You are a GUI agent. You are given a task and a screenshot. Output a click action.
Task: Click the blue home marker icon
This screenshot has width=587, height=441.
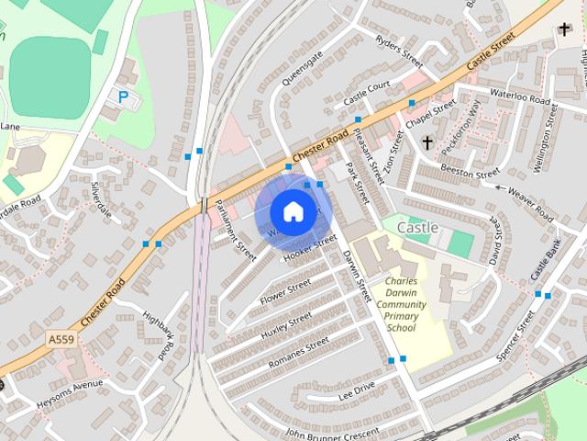[x=292, y=211]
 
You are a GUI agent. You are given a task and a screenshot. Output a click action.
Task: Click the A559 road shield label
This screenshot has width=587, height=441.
[x=61, y=340]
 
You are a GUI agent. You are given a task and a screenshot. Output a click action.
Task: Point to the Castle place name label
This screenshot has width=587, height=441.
[x=418, y=226]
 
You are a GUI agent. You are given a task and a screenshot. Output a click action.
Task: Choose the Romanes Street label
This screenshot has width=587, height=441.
[x=298, y=352]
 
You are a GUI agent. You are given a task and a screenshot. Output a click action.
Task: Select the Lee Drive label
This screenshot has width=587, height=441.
[x=357, y=390]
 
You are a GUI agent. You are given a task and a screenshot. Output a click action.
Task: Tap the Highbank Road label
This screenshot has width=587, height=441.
[x=159, y=333]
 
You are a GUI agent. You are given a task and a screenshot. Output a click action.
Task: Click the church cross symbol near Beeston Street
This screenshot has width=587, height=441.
[x=427, y=142]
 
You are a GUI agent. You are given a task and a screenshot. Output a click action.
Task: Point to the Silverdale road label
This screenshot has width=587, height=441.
[x=100, y=200]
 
